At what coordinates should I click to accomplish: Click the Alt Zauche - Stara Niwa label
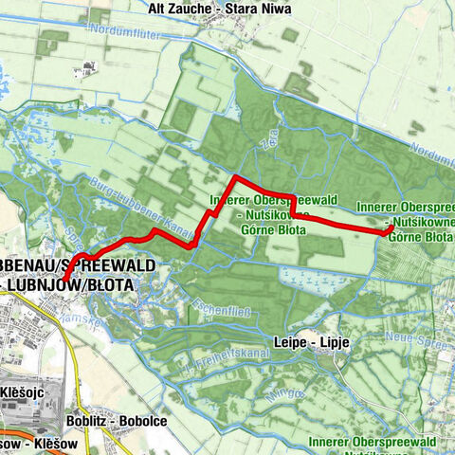[221, 9]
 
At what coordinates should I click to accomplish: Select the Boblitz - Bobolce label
[118, 421]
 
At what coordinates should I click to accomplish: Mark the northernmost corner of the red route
[235, 178]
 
